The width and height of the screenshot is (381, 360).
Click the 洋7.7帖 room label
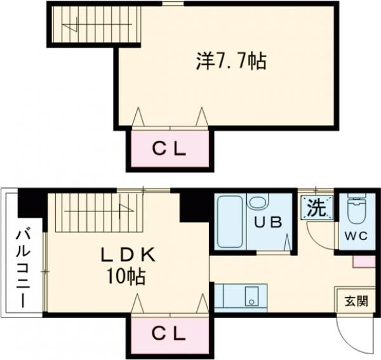pyautogui.click(x=229, y=62)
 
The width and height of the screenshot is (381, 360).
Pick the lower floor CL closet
pyautogui.click(x=168, y=332)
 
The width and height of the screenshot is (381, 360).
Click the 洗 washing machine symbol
pyautogui.click(x=315, y=207)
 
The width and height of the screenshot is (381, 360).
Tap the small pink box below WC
pyautogui.click(x=364, y=260)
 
